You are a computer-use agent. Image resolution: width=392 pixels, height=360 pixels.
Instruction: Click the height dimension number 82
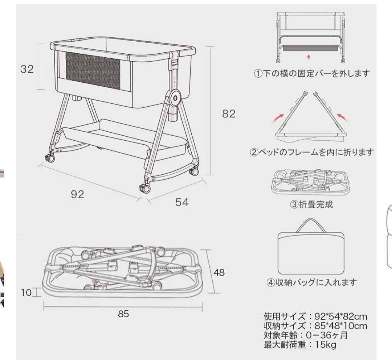pyautogui.click(x=229, y=113)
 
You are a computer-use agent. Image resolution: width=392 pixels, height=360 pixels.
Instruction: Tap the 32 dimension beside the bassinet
pyautogui.click(x=27, y=69)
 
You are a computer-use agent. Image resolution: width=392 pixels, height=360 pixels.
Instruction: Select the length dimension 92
pyautogui.click(x=77, y=194)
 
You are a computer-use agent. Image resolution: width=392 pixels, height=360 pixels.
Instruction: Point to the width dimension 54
pyautogui.click(x=182, y=202)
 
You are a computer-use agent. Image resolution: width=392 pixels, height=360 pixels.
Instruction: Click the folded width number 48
pyautogui.click(x=219, y=272)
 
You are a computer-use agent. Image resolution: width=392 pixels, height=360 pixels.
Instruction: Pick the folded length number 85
pyautogui.click(x=123, y=314)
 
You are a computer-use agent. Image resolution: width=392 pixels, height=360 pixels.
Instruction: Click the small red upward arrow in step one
pyautogui.click(x=309, y=57)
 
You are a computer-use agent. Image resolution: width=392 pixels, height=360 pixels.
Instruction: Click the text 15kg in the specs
pyautogui.click(x=326, y=345)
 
